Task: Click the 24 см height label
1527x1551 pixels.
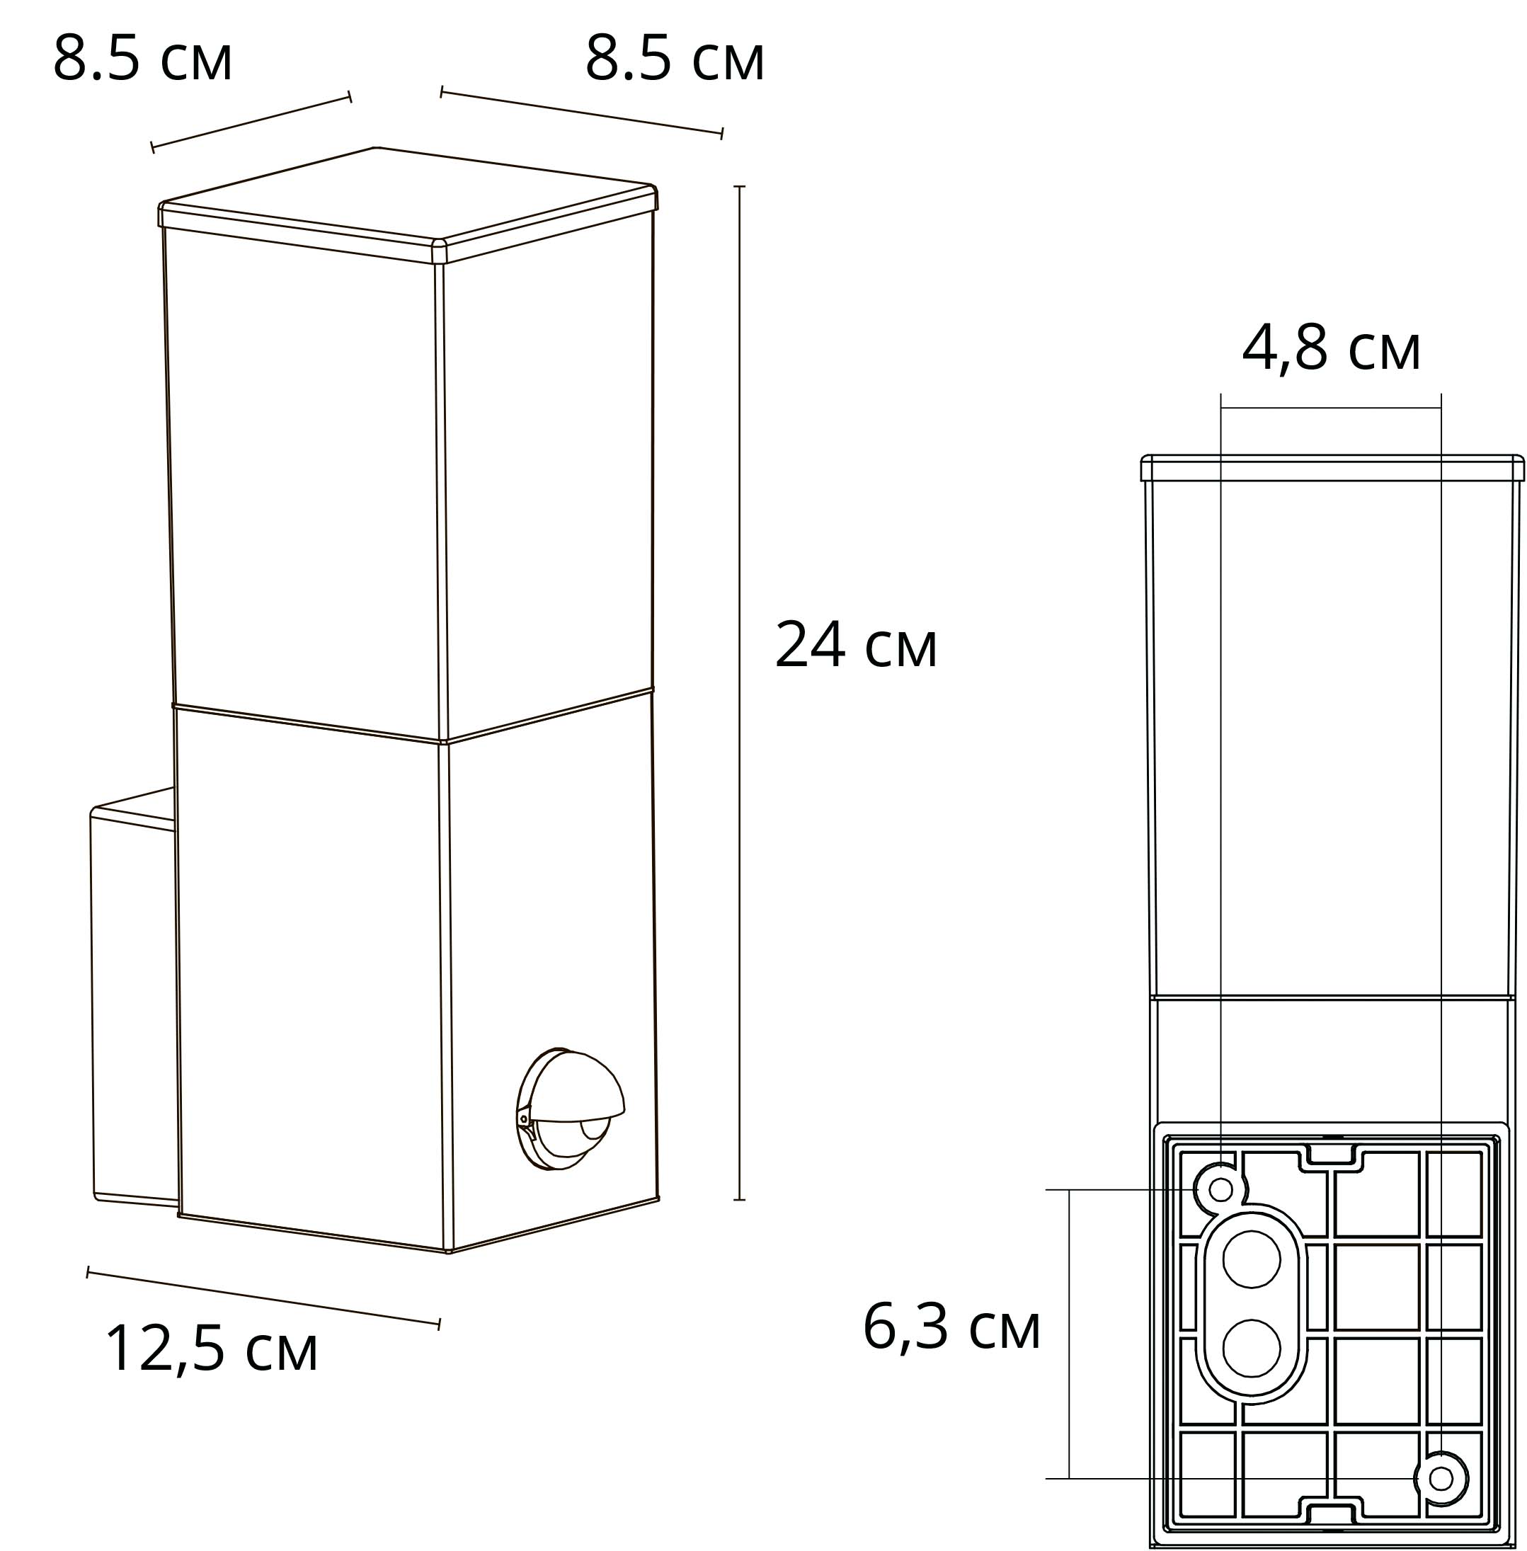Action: coord(856,645)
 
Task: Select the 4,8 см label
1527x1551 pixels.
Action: coord(1332,349)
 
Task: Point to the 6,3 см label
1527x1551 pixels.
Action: coord(952,1327)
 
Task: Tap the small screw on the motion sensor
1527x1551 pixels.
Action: coord(525,1118)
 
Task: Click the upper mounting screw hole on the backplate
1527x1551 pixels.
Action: coord(1220,1189)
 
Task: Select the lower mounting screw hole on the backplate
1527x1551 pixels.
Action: coord(1441,1478)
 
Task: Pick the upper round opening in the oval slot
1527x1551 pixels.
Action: coord(1251,1260)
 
